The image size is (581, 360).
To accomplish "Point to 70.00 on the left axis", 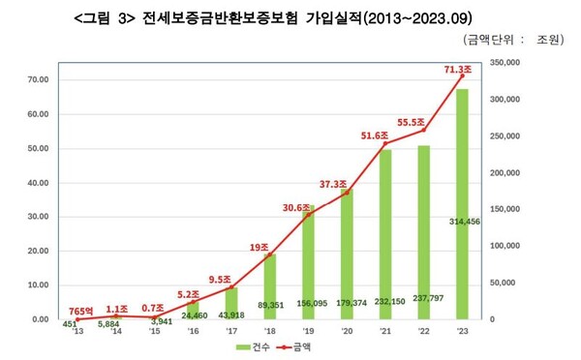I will tap(38, 79).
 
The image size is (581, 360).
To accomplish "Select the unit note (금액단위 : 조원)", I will tap(518, 40).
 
